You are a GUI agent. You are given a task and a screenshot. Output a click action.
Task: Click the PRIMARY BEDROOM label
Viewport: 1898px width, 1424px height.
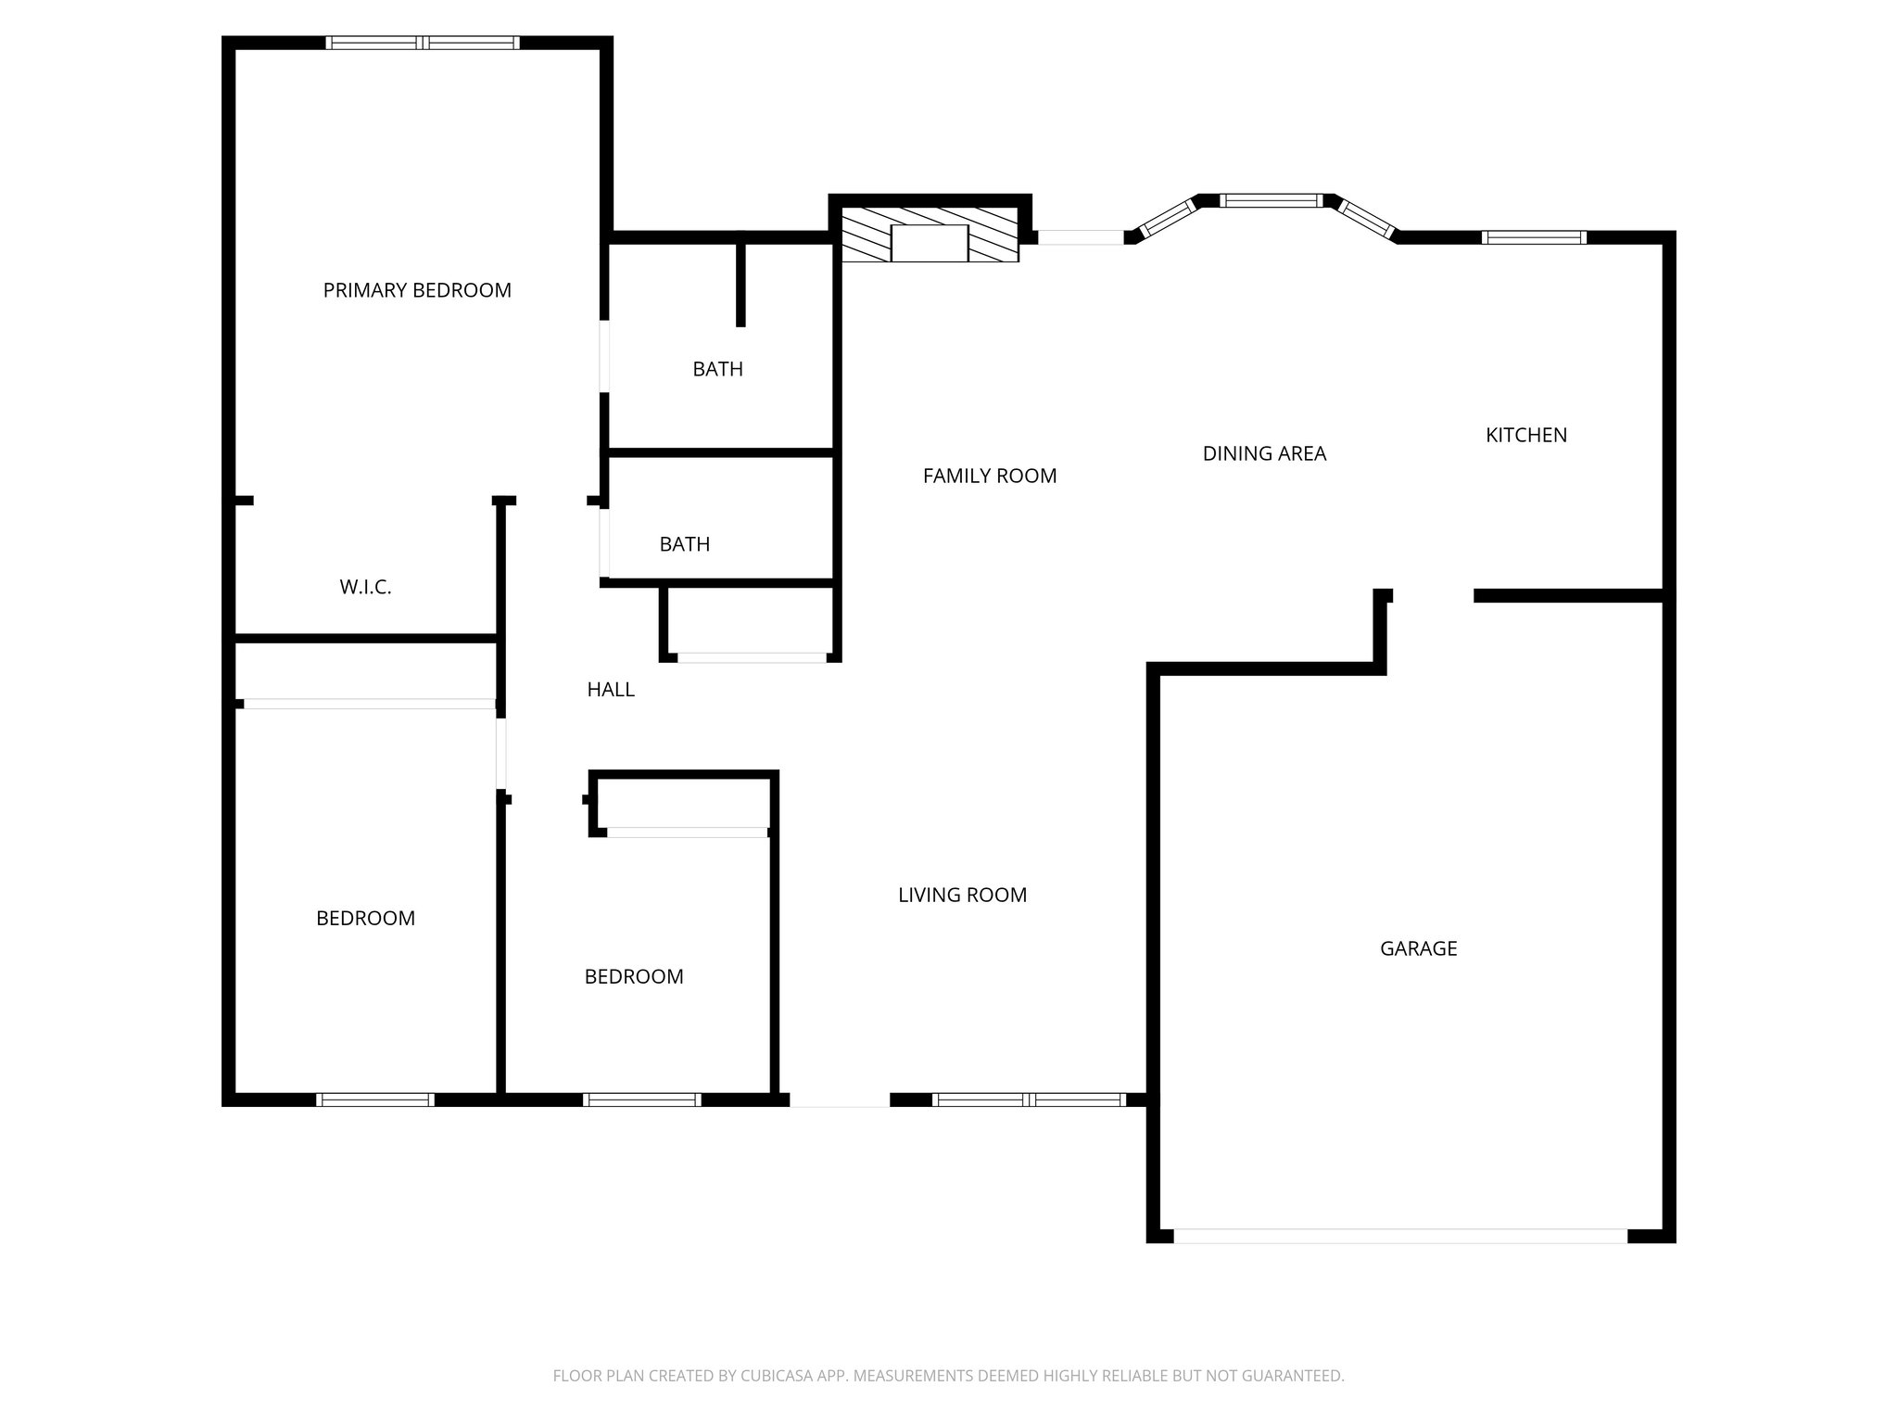point(417,290)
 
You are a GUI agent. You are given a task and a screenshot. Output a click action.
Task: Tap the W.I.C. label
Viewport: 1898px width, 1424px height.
point(365,587)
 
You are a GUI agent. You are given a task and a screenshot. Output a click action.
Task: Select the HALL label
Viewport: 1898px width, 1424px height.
point(611,690)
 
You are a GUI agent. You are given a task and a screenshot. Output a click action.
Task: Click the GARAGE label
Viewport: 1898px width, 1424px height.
point(1418,948)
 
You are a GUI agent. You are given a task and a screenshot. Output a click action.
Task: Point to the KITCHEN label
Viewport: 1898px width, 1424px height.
point(1525,435)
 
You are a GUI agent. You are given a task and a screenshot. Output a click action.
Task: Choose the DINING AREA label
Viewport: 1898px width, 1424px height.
point(1264,453)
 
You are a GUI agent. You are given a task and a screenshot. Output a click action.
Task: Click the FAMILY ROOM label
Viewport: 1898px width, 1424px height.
point(990,476)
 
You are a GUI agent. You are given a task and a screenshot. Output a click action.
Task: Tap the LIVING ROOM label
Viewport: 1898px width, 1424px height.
point(962,895)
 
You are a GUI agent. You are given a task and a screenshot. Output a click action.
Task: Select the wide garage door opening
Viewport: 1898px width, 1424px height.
point(1399,1236)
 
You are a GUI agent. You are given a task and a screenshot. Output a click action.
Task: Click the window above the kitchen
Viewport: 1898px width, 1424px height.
point(1534,237)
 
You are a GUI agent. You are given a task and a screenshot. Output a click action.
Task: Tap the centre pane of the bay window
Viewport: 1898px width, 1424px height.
point(1271,200)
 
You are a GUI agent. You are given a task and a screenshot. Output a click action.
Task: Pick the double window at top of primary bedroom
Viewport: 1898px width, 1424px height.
point(423,43)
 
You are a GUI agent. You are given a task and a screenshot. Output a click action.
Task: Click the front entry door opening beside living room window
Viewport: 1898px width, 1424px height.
point(840,1100)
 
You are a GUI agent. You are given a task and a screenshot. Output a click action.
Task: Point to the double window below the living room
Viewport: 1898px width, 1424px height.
point(1029,1100)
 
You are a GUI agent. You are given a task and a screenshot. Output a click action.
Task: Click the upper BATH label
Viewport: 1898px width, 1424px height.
point(717,369)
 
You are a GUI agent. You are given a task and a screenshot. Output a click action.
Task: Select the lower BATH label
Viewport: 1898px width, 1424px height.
point(684,544)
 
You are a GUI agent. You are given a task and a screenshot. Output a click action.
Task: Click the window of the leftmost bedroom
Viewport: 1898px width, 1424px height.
point(374,1100)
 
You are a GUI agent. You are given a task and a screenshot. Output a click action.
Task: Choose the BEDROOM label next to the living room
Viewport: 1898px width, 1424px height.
point(634,976)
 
